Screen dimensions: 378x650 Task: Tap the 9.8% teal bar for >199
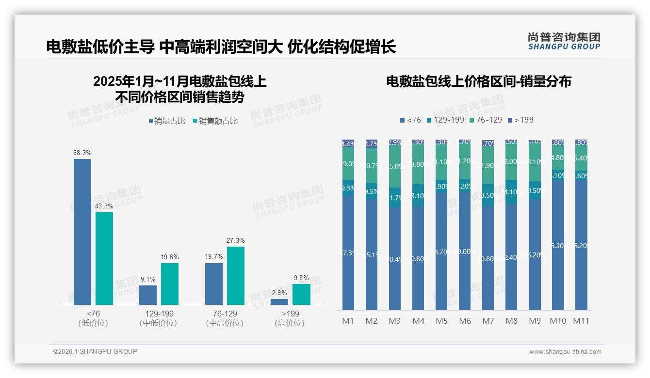tap(301, 294)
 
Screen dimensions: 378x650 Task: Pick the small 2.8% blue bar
tap(279, 302)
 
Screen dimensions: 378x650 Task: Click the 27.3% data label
tap(236, 240)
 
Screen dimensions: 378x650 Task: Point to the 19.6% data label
tap(170, 257)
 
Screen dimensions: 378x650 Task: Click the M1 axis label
tap(348, 321)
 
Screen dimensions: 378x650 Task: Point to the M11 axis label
tap(581, 321)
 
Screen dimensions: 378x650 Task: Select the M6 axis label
tap(465, 321)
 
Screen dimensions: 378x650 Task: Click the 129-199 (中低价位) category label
tap(158, 318)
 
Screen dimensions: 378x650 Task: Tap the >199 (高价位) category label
tap(290, 318)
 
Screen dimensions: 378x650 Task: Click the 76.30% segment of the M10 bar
tap(558, 245)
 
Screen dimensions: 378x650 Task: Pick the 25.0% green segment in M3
tap(395, 166)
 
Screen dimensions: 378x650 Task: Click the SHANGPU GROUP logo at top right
tap(564, 41)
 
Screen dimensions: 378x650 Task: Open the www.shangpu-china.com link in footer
tap(565, 352)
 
